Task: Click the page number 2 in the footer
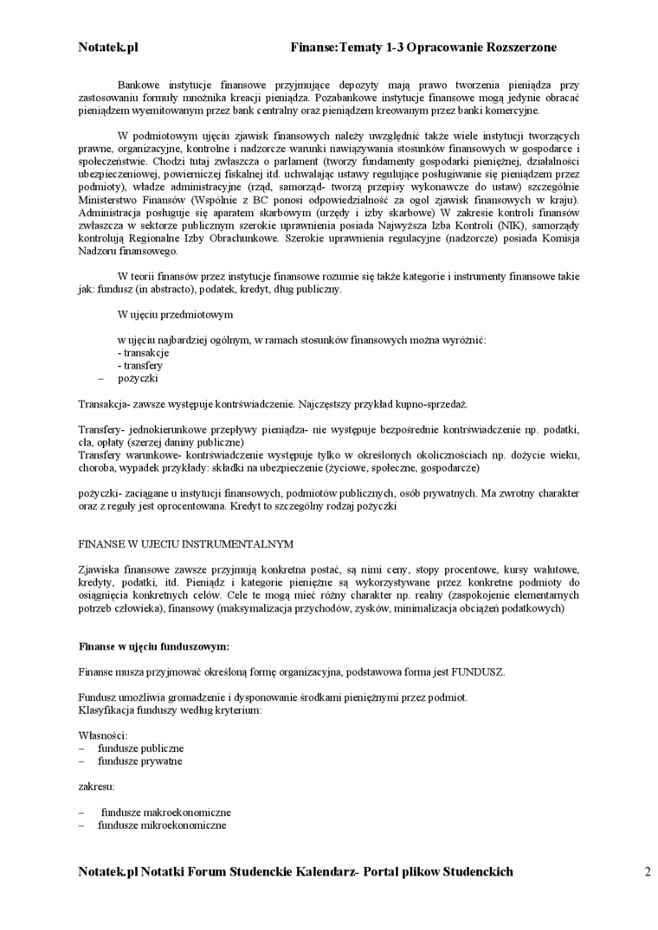tap(647, 872)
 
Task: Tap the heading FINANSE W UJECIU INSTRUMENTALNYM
tap(186, 544)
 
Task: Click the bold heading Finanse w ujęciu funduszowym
tap(154, 645)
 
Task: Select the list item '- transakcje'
tap(143, 353)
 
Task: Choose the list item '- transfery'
tap(140, 366)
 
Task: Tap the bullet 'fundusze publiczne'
tap(140, 748)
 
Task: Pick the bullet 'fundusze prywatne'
tap(139, 761)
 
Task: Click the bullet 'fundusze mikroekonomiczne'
tap(162, 825)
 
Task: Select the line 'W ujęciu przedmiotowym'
tap(175, 315)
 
